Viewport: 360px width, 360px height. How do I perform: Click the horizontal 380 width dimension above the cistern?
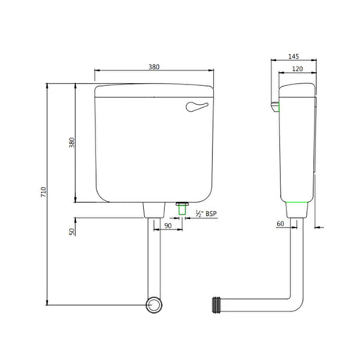(x=154, y=67)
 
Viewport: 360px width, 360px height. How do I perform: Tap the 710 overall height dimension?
(x=45, y=191)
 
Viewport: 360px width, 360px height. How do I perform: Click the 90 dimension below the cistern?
(x=168, y=226)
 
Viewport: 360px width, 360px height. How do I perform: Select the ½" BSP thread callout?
(x=206, y=214)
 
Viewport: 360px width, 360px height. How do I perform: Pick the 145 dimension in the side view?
(x=292, y=56)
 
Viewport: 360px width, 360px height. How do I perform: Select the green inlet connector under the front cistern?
(x=182, y=209)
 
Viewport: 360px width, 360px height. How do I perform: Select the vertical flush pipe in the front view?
(x=153, y=258)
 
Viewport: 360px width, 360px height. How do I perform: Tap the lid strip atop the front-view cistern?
(x=154, y=88)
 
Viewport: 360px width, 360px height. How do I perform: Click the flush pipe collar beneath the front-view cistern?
(x=153, y=211)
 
